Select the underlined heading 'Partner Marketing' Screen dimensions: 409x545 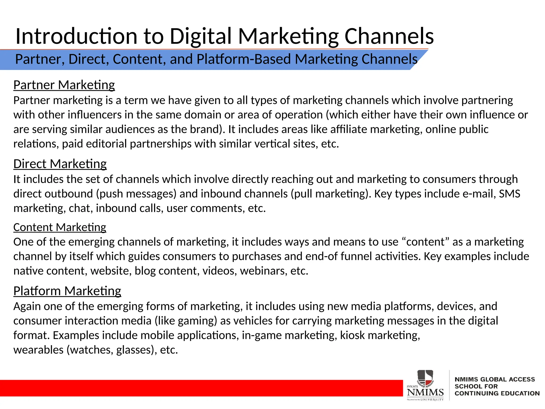coord(64,85)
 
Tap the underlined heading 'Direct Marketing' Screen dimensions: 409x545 coord(60,164)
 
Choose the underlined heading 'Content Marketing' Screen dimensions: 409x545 coord(60,227)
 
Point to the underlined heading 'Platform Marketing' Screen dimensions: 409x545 coord(67,291)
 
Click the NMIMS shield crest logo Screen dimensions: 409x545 coord(425,378)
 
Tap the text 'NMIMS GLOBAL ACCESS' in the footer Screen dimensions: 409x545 coord(495,379)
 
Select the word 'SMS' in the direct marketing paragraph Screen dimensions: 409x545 coord(509,194)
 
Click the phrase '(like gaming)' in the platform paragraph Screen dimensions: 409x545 coord(186,321)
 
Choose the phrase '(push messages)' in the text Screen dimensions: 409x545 coord(136,194)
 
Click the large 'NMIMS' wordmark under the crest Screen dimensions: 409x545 coord(425,392)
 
